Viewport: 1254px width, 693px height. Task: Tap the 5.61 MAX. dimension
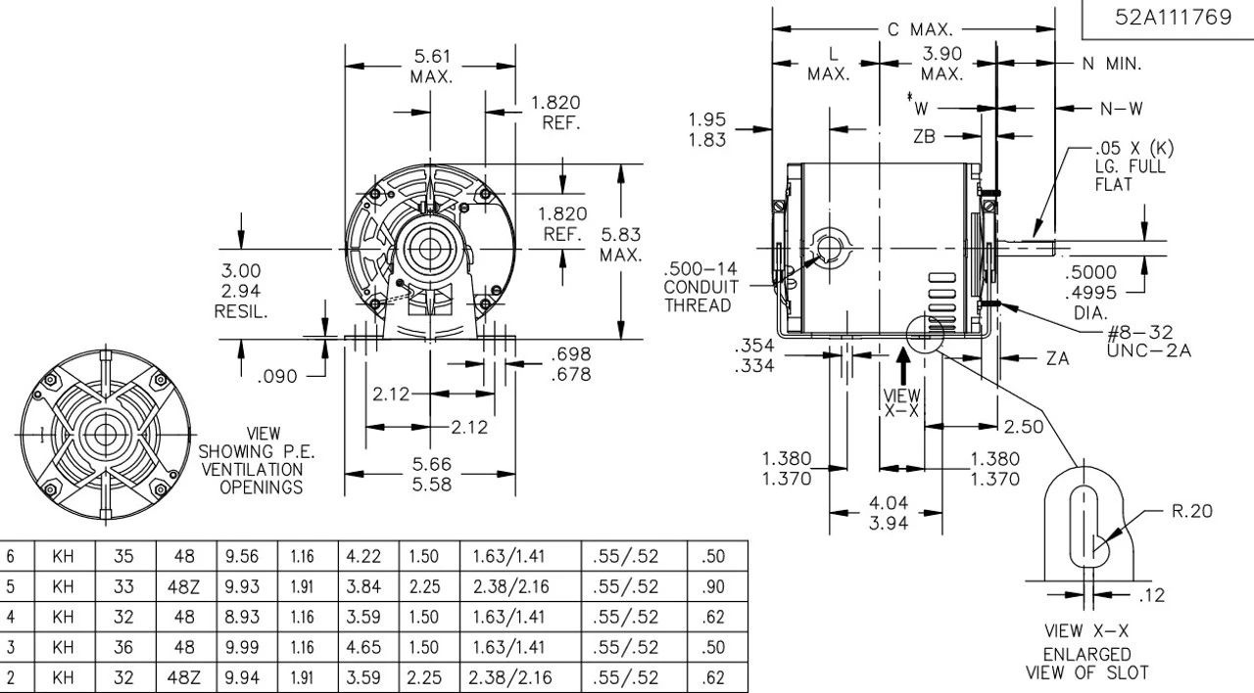[432, 68]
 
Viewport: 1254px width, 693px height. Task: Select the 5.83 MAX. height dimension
[622, 244]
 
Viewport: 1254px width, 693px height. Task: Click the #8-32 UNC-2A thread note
[1143, 343]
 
